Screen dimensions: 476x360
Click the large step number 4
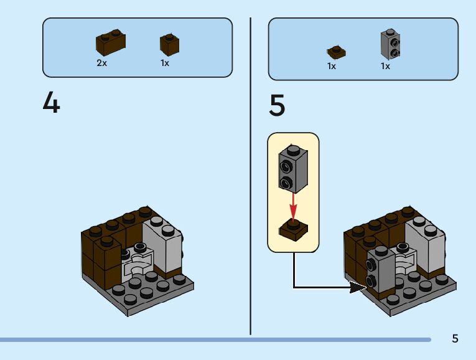(x=51, y=102)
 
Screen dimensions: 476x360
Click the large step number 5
(x=277, y=105)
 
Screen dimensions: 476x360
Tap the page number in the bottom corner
(x=455, y=338)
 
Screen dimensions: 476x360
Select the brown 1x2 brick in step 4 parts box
(x=111, y=42)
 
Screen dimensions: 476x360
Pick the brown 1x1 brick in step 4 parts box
(x=169, y=44)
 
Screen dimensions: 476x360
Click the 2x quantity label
(x=101, y=63)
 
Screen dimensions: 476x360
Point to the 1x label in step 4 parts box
(x=165, y=63)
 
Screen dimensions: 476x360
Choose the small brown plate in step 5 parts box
(x=336, y=52)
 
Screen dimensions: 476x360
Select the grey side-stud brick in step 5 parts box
(x=390, y=44)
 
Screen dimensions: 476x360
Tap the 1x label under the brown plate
(x=332, y=66)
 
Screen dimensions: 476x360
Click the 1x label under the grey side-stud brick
(x=385, y=66)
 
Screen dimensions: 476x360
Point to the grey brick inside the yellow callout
(x=293, y=169)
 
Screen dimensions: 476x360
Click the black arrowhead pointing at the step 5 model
(x=358, y=287)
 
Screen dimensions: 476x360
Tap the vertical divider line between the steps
(x=251, y=176)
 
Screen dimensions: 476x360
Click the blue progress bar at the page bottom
(x=215, y=339)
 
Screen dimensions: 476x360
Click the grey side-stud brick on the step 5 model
(x=381, y=268)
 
